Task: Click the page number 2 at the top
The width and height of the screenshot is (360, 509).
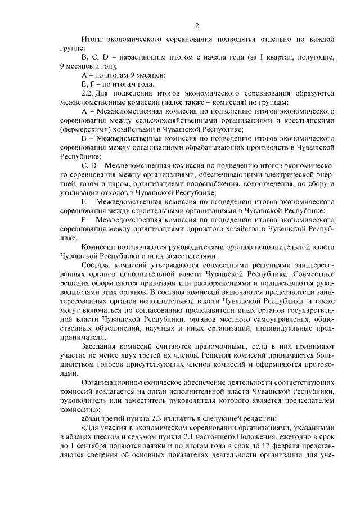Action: pos(197,25)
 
